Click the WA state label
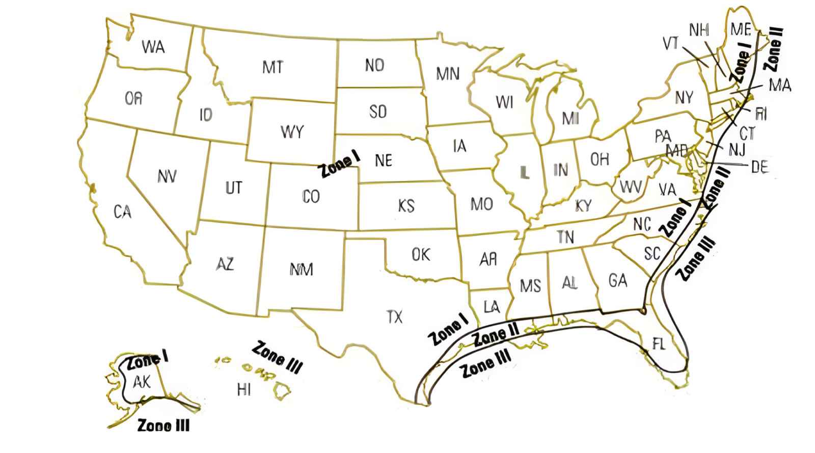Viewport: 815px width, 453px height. [153, 47]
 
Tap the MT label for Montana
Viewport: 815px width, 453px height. [273, 67]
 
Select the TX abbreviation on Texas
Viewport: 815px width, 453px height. [394, 317]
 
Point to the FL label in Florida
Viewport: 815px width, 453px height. [659, 344]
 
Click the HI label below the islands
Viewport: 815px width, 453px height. [244, 390]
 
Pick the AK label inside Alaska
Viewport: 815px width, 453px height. [142, 382]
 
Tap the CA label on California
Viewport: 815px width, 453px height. [122, 211]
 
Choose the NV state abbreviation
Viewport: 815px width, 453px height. [167, 176]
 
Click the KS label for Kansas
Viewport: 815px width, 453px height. [406, 206]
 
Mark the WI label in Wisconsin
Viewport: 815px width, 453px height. [504, 102]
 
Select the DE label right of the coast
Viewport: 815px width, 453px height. [759, 167]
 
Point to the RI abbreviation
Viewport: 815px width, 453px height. [761, 114]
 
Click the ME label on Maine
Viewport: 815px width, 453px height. [741, 30]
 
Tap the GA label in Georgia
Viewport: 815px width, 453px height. [618, 280]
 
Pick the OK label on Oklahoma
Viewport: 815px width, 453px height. [421, 254]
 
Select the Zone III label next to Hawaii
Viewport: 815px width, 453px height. [278, 357]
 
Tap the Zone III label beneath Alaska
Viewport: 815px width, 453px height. [164, 425]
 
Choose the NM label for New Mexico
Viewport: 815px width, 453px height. [301, 269]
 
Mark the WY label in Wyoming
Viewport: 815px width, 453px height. [292, 132]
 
